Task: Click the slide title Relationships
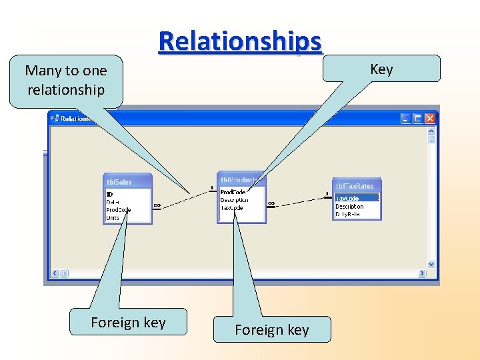point(240,41)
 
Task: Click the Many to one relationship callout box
point(66,81)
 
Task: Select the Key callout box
point(381,69)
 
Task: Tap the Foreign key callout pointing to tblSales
point(128,323)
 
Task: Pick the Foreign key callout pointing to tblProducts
point(271,329)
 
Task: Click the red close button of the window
point(429,119)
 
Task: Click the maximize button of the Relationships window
point(418,119)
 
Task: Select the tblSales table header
point(129,182)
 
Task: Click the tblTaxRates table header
point(357,186)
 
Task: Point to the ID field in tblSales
point(110,194)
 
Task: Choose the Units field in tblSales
point(113,218)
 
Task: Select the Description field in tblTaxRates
point(349,206)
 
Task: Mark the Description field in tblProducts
point(234,200)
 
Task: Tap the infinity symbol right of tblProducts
point(271,203)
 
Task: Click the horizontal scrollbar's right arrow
point(422,273)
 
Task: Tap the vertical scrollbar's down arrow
point(431,264)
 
